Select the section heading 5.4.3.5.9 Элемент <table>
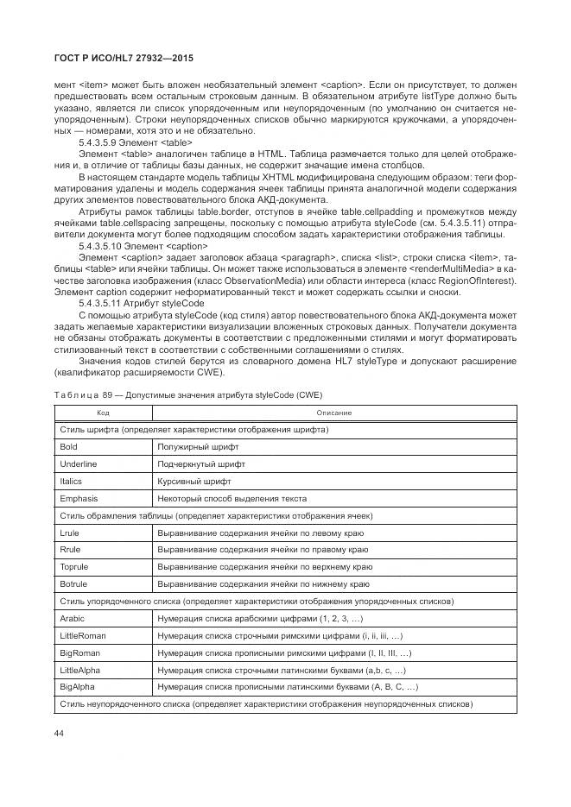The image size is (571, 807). pos(136,142)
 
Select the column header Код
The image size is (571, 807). pos(102,413)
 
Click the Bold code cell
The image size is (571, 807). pos(69,446)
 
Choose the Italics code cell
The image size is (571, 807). pos(72,481)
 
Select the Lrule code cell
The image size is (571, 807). pos(70,533)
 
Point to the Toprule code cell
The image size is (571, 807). pos(74,567)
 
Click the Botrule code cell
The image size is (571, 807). pos(73,584)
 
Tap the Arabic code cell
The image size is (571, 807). pos(73,619)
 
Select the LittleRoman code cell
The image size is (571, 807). pos(83,635)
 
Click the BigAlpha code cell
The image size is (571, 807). pos(78,687)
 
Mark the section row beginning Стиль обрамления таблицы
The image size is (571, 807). pos(216,515)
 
